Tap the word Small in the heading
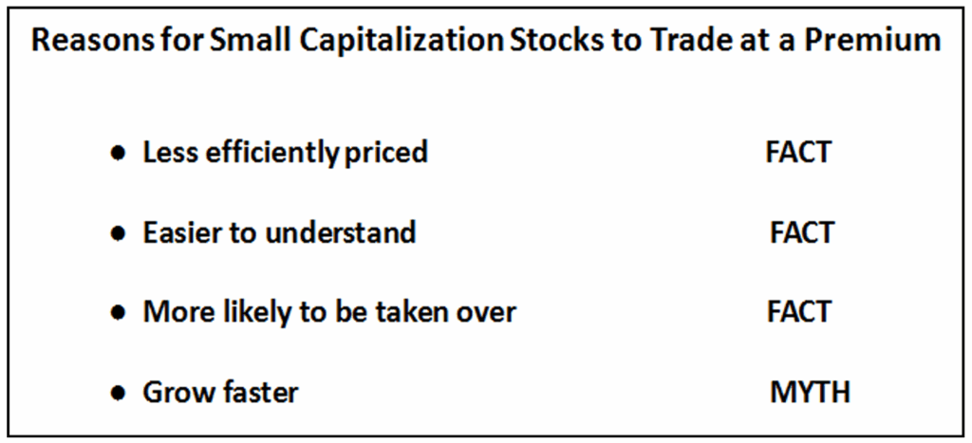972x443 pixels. [240, 40]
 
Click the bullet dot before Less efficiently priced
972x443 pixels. [117, 153]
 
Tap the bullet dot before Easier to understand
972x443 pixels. [117, 233]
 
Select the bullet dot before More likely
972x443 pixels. [117, 313]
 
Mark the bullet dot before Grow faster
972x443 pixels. [117, 394]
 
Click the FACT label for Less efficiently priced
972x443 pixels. [797, 153]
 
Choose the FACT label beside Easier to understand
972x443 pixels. [802, 233]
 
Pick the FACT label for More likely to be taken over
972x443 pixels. [799, 313]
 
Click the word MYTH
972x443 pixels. [810, 393]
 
